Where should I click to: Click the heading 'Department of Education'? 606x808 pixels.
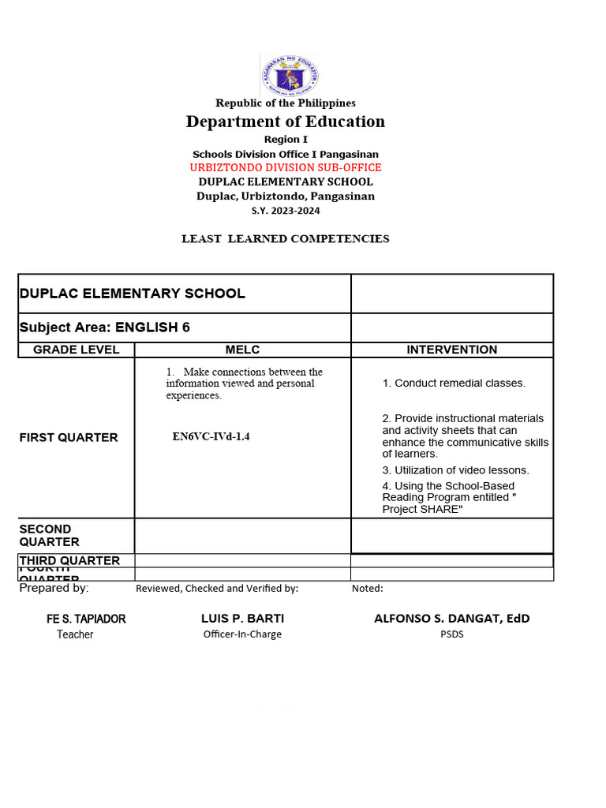coord(286,122)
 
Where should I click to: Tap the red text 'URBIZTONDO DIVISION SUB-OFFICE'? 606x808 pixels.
coord(286,168)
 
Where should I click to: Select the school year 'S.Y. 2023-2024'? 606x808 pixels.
coord(286,211)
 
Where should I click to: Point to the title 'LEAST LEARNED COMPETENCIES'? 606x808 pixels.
coord(286,239)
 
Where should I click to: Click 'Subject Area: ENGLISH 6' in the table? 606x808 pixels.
coord(105,327)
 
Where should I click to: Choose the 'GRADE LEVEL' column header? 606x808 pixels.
coord(77,350)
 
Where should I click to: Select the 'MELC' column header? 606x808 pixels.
coord(242,350)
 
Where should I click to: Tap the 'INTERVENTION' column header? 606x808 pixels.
coord(452,350)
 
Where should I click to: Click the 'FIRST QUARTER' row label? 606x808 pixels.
coord(69,438)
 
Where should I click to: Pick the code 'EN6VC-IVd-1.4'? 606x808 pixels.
coord(211,436)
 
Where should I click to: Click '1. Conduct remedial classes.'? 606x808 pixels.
coord(454,383)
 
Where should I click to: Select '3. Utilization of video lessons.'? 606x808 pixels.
coord(456,470)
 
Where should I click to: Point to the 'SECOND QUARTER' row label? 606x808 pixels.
coord(49,535)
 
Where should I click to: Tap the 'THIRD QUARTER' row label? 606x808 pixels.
coord(69,560)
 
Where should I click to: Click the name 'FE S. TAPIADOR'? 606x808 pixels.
coord(86,619)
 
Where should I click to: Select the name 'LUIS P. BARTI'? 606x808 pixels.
coord(243,618)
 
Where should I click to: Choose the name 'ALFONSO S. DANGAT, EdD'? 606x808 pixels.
coord(452,618)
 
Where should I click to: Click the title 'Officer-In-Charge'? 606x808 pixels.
coord(242,634)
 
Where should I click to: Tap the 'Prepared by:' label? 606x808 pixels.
coord(54,588)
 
